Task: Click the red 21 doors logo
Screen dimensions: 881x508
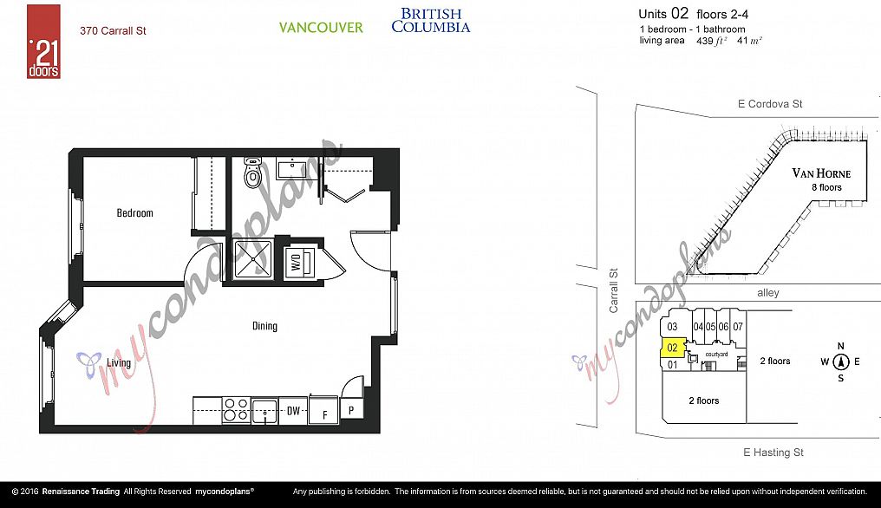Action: [x=43, y=42]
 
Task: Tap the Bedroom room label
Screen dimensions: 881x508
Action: [x=135, y=213]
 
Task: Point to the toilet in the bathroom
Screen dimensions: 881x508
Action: [x=252, y=173]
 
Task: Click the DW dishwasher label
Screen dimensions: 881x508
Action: [x=293, y=411]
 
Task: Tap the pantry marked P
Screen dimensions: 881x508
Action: [x=352, y=410]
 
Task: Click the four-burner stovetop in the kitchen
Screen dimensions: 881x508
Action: [x=236, y=410]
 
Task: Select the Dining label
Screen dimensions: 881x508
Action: [x=264, y=326]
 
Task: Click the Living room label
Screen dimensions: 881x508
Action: [x=119, y=362]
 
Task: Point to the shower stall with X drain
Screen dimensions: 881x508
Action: [x=253, y=258]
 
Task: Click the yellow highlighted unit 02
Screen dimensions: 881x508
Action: [x=672, y=348]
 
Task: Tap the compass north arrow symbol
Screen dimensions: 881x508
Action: [x=840, y=361]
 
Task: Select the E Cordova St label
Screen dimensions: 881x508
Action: [x=770, y=104]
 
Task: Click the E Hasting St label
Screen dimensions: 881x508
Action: [x=773, y=453]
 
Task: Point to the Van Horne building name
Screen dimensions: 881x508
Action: [x=821, y=173]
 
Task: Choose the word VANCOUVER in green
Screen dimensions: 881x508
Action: [x=321, y=28]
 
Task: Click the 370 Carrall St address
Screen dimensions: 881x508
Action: [x=113, y=31]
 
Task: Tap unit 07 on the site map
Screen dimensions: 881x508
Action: [x=738, y=327]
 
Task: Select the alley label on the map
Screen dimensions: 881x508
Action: [x=768, y=293]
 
